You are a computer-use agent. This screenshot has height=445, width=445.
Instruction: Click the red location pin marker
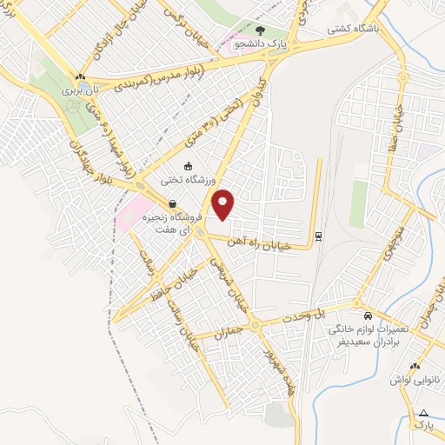click(224, 205)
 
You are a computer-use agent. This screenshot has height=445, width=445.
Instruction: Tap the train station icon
click(319, 235)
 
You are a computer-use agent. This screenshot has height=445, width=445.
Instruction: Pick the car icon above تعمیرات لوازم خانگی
click(369, 316)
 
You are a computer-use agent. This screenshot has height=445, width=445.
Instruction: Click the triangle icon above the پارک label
click(424, 413)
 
